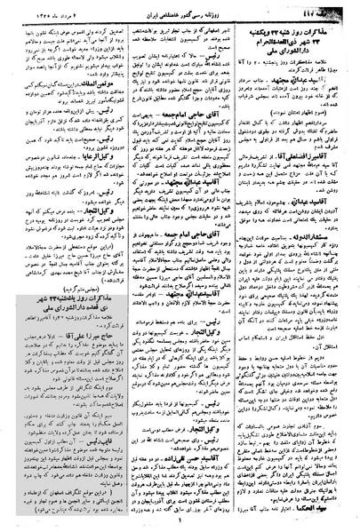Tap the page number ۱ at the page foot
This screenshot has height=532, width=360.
tap(180, 525)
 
